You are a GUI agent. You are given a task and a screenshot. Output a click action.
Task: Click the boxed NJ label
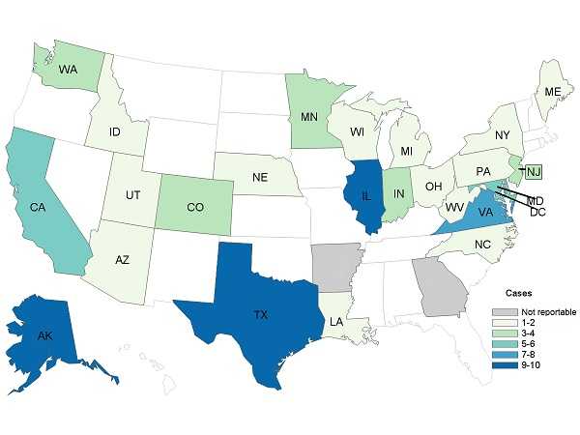(534, 173)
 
